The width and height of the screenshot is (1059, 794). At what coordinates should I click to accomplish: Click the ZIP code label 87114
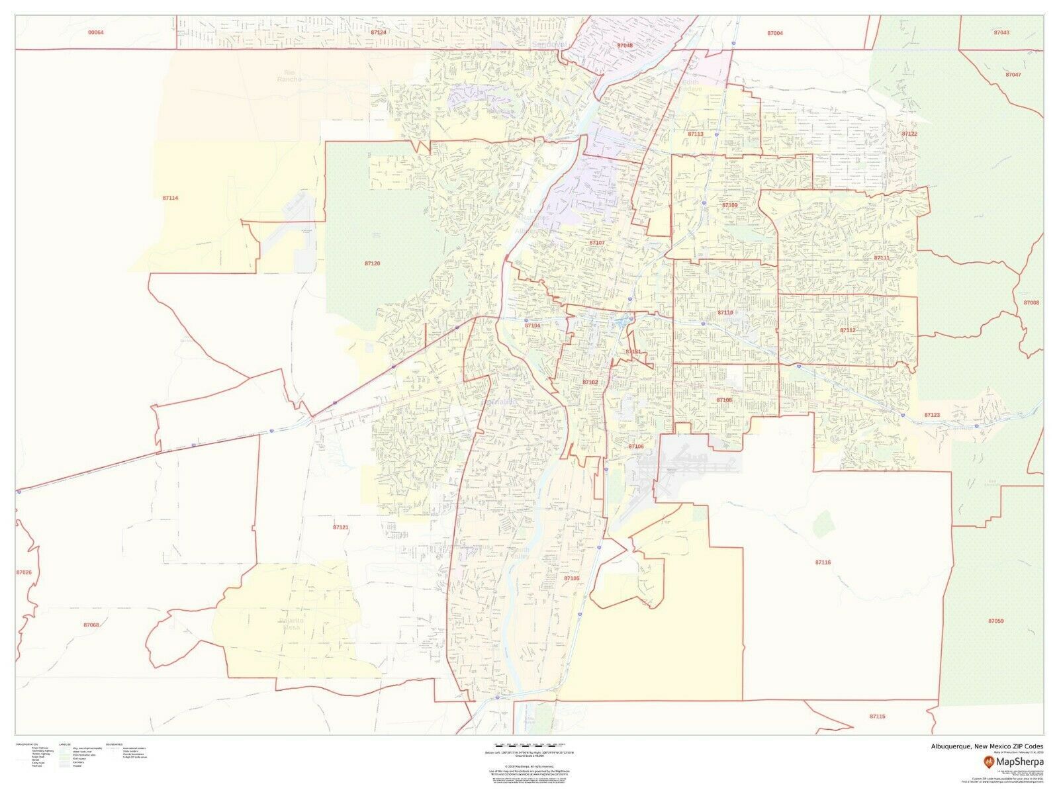point(170,198)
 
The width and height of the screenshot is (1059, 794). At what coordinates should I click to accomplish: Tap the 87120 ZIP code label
point(372,263)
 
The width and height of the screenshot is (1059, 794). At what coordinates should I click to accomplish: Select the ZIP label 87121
point(340,527)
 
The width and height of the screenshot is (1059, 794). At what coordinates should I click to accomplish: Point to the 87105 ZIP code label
point(572,578)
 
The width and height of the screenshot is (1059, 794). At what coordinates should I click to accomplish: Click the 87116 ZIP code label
point(823,562)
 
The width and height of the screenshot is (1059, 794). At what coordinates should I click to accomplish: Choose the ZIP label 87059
point(995,621)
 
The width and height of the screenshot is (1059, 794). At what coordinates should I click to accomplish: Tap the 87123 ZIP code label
point(932,415)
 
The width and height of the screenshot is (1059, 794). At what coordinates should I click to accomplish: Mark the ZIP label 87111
point(882,257)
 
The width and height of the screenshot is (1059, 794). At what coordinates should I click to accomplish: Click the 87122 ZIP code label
point(909,134)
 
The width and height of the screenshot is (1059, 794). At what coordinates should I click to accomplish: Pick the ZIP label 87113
point(695,134)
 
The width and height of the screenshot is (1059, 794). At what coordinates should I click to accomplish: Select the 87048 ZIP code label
point(625,45)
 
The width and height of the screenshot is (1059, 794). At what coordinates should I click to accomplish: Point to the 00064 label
point(96,32)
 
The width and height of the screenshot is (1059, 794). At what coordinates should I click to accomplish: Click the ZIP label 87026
point(23,572)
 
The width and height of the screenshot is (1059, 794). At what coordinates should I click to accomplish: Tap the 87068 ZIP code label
point(91,625)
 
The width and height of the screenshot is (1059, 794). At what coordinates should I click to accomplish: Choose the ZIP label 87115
point(877,716)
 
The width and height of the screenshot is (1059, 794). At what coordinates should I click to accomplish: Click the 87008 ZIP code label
point(1031,302)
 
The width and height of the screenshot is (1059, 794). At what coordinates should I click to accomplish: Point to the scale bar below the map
point(529,745)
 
